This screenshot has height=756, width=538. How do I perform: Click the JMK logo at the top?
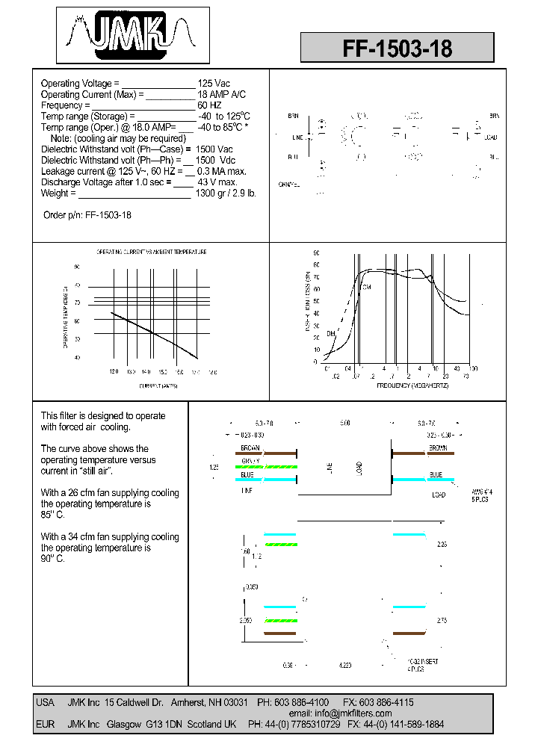[x=133, y=34]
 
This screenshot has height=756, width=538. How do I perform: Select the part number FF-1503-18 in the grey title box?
[x=397, y=49]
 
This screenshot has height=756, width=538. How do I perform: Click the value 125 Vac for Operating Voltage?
[x=214, y=84]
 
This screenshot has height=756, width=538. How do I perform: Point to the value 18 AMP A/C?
[x=221, y=95]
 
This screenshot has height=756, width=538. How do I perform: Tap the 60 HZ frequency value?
[x=211, y=105]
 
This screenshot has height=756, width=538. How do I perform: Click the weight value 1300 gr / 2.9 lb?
[x=226, y=193]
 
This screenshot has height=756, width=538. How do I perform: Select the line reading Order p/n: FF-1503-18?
[x=87, y=215]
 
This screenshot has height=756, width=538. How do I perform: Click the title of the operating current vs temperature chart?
[x=152, y=252]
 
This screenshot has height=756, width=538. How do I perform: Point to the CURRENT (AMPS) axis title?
[x=158, y=385]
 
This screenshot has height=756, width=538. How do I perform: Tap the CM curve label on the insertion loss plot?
[x=366, y=287]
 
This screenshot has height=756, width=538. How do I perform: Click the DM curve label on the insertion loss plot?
[x=330, y=333]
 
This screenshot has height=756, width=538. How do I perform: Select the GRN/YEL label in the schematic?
[x=289, y=185]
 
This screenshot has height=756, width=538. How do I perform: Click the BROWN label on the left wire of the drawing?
[x=250, y=447]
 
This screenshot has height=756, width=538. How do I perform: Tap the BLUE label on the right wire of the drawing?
[x=436, y=474]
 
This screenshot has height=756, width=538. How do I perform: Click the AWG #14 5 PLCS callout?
[x=460, y=495]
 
